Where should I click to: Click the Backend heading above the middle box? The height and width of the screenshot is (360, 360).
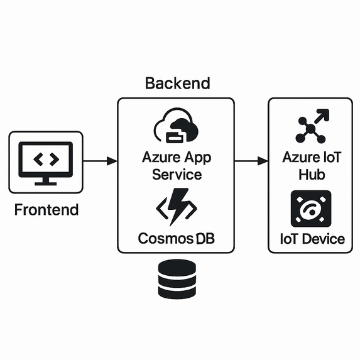(177, 83)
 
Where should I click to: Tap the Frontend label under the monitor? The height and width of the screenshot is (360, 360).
(46, 210)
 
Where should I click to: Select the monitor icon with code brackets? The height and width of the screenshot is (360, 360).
(46, 161)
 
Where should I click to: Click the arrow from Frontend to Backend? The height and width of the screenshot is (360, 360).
(100, 161)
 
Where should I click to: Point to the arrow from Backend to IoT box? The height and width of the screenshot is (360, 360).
(251, 161)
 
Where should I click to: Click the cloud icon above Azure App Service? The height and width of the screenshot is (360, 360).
(176, 128)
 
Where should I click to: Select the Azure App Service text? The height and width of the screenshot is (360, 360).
(176, 165)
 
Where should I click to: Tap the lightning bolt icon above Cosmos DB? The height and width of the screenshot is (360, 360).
(177, 208)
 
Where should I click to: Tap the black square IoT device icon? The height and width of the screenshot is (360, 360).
(311, 209)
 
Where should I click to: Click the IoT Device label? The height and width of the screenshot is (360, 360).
(312, 239)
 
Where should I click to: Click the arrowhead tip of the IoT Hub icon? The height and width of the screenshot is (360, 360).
(325, 112)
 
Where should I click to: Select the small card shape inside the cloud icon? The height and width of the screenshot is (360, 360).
(175, 134)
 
